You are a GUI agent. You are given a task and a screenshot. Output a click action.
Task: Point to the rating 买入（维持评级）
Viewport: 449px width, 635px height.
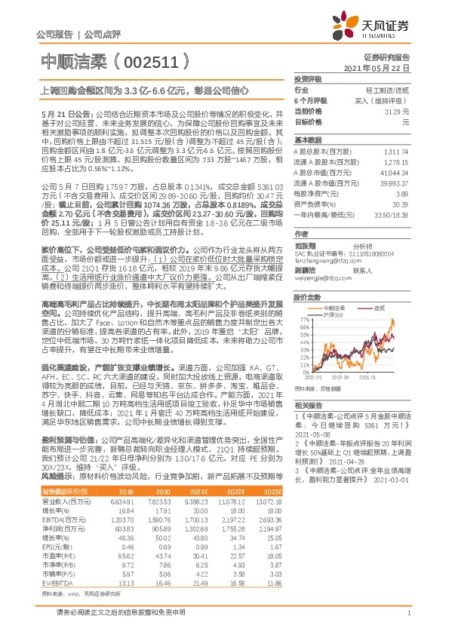(x=386, y=100)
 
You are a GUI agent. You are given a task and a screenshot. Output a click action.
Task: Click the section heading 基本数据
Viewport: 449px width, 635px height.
(x=306, y=140)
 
